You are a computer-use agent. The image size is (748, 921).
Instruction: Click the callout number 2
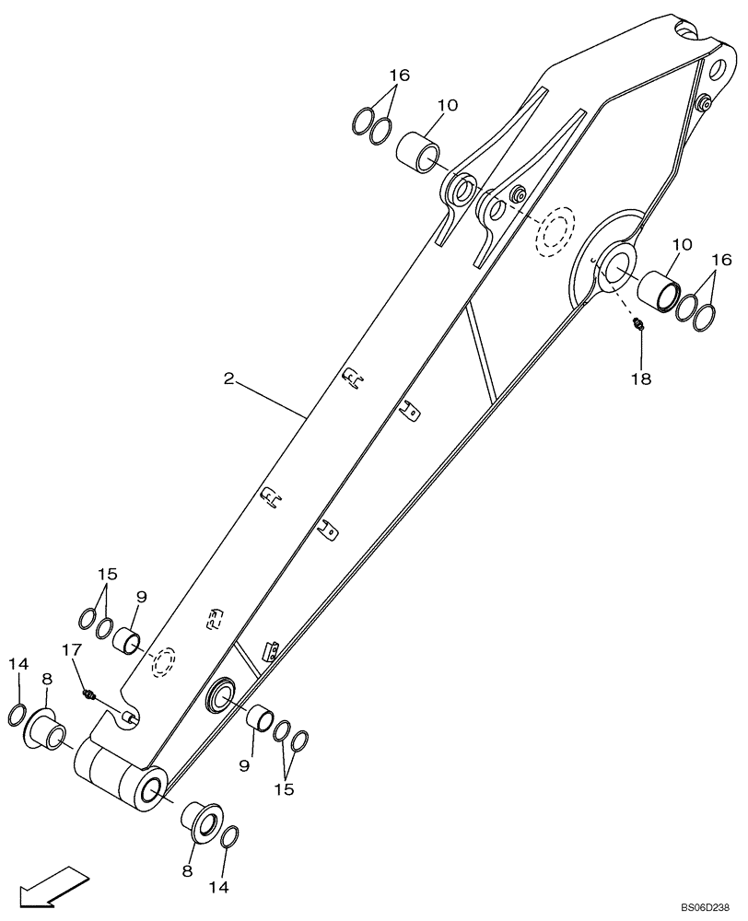(x=228, y=377)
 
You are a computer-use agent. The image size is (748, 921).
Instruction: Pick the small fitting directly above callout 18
(x=637, y=323)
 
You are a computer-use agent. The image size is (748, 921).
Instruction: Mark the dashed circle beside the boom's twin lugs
(x=555, y=230)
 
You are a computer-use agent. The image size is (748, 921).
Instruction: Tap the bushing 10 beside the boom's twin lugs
(x=419, y=149)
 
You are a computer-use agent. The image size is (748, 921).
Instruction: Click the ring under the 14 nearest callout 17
(x=18, y=715)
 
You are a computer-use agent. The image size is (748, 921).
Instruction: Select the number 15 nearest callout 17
(x=108, y=573)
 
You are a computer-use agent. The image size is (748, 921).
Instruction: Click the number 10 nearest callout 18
(x=683, y=245)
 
